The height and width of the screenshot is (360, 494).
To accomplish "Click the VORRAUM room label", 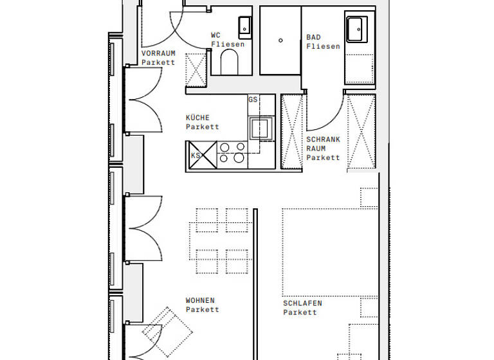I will click(x=158, y=53).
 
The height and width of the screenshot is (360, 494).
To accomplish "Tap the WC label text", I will click(x=215, y=35).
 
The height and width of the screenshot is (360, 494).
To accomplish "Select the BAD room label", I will click(x=313, y=37).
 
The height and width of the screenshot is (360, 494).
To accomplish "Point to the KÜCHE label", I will click(x=197, y=118).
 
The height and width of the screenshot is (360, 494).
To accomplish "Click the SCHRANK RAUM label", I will click(x=322, y=148).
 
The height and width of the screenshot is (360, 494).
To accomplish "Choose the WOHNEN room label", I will click(x=200, y=300).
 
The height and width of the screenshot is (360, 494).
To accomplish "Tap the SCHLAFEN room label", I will click(x=302, y=303).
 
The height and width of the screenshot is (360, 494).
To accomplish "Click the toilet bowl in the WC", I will click(x=229, y=63).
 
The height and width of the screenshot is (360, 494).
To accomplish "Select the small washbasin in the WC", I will click(x=246, y=26).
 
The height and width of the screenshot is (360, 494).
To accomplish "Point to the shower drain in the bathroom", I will click(x=280, y=40).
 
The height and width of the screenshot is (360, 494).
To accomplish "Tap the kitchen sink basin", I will click(x=261, y=127).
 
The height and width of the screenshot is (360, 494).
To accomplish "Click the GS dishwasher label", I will click(x=253, y=100).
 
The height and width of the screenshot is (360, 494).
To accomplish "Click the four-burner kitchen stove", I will click(x=232, y=152).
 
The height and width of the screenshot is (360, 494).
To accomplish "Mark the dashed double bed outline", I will click(x=320, y=251).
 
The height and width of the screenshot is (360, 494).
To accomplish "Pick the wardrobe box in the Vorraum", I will click(x=196, y=69).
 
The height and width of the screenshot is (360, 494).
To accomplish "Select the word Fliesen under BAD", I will click(x=323, y=46).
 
